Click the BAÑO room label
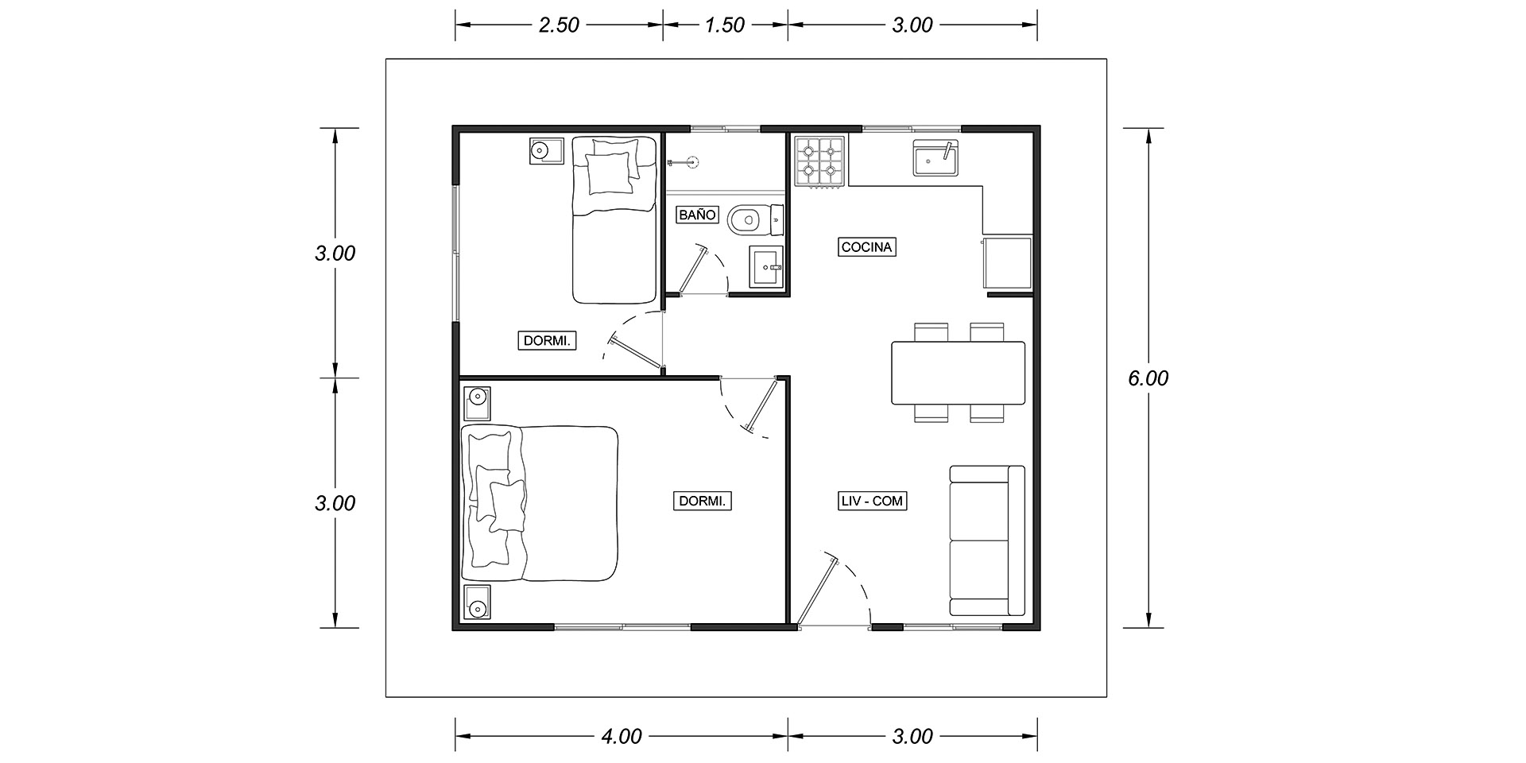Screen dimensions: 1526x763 coord(698,215)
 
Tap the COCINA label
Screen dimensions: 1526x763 coord(867,247)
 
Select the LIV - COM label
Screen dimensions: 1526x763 coord(872,502)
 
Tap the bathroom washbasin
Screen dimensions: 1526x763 coord(767,267)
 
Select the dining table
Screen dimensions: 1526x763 coord(959,373)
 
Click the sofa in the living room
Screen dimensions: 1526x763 coord(987,540)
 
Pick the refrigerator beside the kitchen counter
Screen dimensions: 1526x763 coord(1007,263)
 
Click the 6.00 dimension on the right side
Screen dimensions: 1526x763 coord(1148,378)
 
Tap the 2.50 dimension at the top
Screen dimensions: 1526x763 coord(559,25)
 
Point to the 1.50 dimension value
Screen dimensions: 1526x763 coord(724,25)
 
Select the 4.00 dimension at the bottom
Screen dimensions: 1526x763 coord(621,737)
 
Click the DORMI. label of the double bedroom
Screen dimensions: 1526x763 coord(703,502)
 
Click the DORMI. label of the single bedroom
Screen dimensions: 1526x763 coord(548,341)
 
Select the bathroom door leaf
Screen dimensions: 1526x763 coord(691,269)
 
